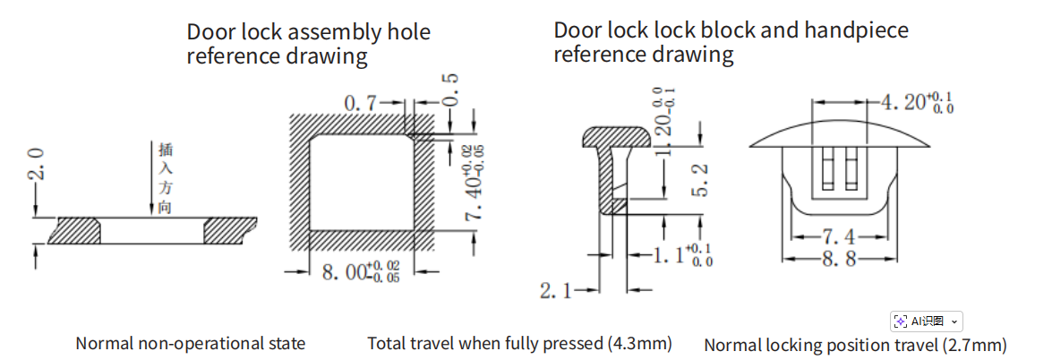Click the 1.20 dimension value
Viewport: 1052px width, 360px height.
663,118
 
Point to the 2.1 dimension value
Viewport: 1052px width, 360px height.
555,290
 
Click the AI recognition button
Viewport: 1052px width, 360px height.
926,321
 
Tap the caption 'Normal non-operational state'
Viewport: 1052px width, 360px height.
191,343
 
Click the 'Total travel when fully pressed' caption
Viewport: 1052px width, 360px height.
519,343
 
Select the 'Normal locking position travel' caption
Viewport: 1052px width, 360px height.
855,345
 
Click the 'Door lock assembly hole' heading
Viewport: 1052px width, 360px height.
308,44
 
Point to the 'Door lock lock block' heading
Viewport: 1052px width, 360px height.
731,42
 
